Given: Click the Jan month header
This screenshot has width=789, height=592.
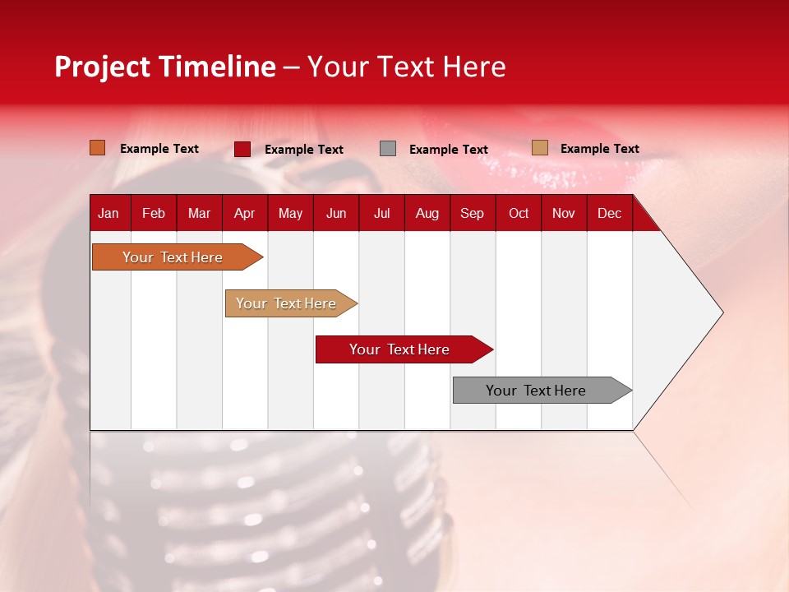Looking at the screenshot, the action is click(x=108, y=214).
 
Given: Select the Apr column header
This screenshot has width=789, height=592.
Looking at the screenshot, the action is click(x=245, y=214).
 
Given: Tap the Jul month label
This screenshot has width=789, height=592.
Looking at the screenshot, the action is click(x=382, y=214).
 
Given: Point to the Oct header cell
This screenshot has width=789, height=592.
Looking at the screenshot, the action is click(x=519, y=214).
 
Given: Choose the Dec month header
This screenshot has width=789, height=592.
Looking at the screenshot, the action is click(x=609, y=214).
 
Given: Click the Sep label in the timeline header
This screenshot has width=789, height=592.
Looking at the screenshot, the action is click(x=472, y=214).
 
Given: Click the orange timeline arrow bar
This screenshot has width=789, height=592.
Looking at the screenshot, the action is click(x=178, y=257).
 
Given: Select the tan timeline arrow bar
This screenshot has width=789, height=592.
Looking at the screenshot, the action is click(x=291, y=303).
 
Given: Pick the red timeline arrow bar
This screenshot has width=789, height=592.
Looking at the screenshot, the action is click(x=404, y=349).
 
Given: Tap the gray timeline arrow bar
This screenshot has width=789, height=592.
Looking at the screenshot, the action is click(x=542, y=390).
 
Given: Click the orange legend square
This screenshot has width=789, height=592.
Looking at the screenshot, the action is click(x=97, y=147).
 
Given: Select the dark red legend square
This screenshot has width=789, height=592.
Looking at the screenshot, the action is click(x=242, y=149).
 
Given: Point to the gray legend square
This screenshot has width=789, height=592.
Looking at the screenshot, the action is click(x=387, y=149).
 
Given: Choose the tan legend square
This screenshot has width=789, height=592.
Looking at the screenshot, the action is click(x=540, y=147).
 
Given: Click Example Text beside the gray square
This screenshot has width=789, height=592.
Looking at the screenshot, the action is click(x=449, y=150).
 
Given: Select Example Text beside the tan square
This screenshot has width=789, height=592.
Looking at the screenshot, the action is click(x=600, y=149).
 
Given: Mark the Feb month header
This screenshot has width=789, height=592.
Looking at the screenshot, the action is click(x=154, y=214).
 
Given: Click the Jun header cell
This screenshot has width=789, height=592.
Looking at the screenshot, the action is click(x=336, y=214).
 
